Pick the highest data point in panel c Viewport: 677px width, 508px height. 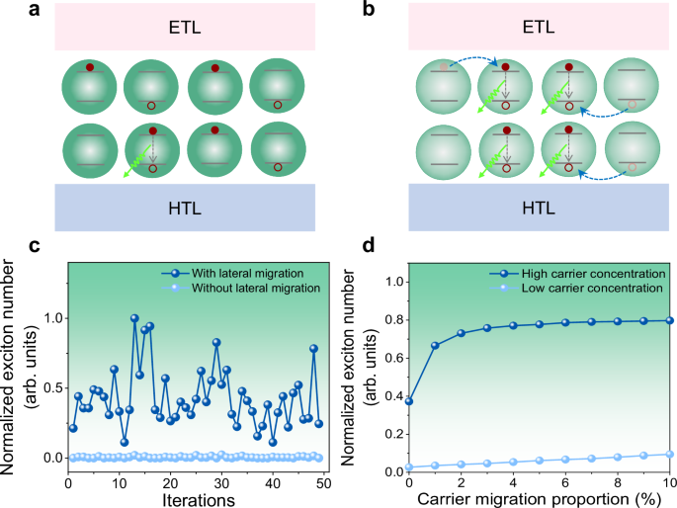pos(134,318)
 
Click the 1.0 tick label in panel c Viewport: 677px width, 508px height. pos(48,318)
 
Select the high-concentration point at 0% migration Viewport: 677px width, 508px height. pos(408,401)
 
